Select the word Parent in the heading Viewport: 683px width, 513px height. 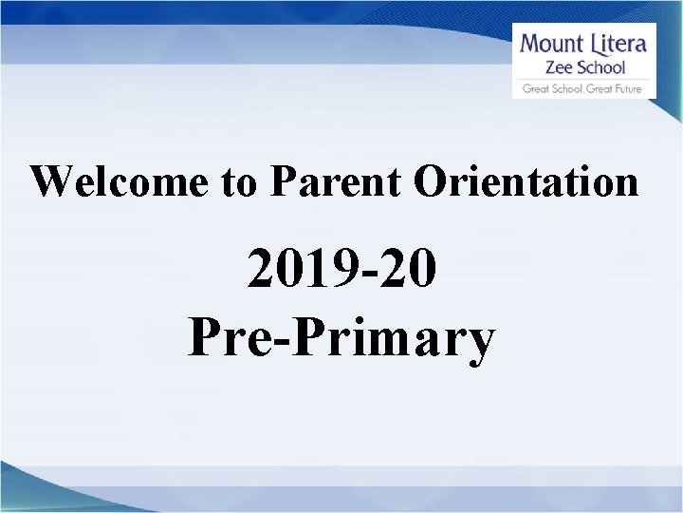coord(333,180)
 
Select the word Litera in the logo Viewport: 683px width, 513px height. coord(618,44)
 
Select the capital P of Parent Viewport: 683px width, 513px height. coord(281,180)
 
